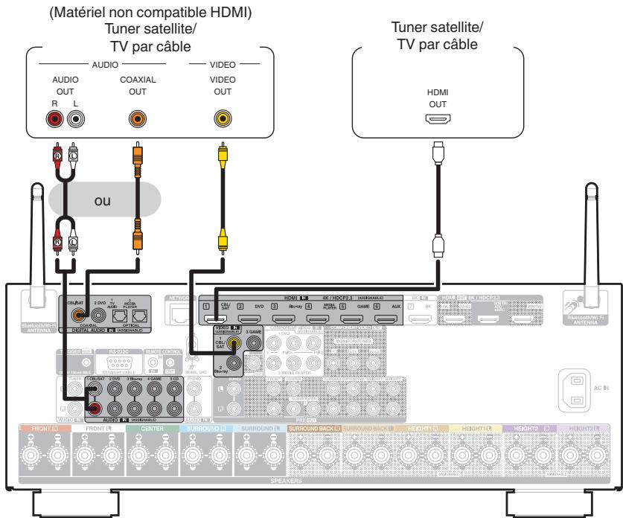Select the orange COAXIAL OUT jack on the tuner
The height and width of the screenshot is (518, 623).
tap(136, 118)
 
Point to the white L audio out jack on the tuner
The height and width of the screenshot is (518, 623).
tap(74, 118)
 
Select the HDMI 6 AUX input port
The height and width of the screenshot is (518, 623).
tap(385, 319)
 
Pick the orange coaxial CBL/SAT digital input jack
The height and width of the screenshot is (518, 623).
tap(77, 316)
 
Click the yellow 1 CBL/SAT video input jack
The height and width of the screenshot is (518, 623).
tap(235, 344)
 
